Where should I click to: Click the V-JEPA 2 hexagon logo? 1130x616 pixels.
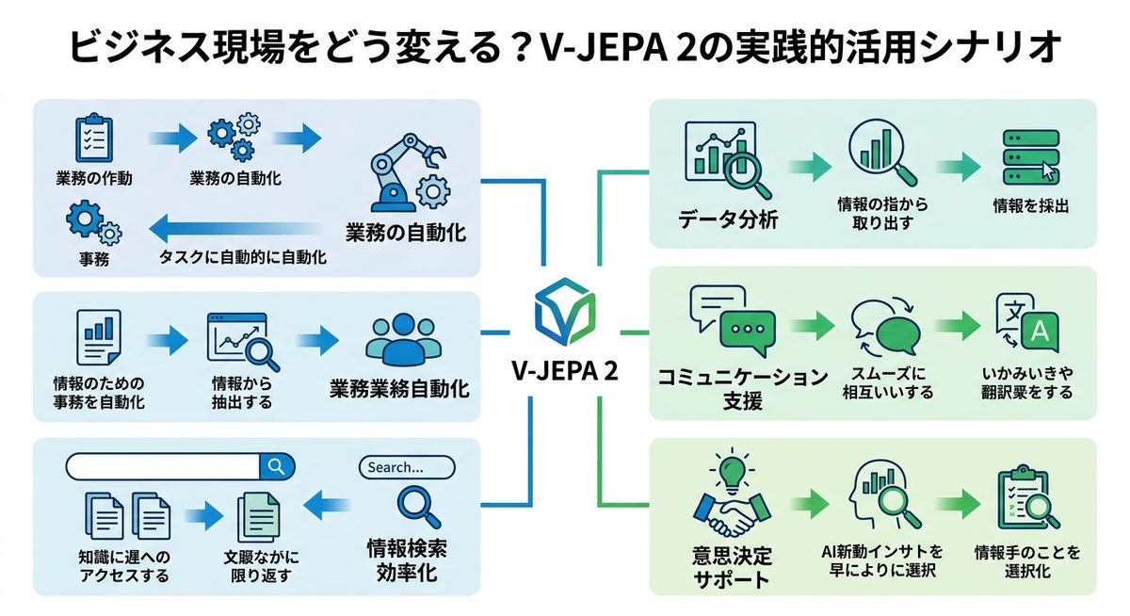pos(564,310)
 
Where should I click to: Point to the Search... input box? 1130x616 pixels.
pos(407,467)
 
